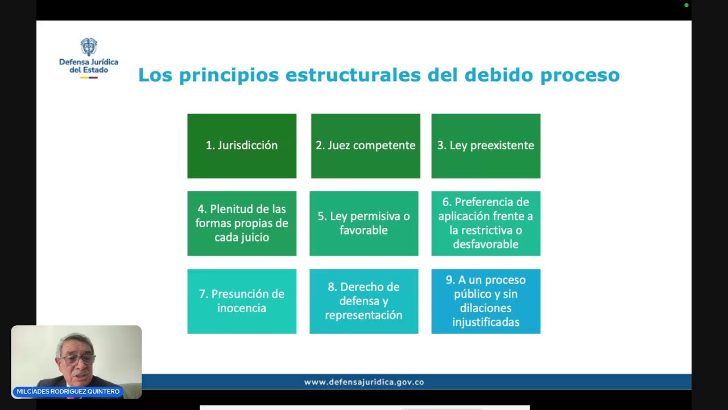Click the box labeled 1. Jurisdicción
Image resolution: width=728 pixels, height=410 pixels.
coord(242,146)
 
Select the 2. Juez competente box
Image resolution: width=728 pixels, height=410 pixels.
coord(365,146)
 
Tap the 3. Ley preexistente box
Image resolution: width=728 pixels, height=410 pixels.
coord(486,146)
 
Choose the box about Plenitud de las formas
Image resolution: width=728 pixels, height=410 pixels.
coord(242,223)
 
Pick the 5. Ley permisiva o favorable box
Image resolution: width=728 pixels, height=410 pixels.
coord(363,223)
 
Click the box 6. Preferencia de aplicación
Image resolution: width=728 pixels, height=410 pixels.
coord(486,223)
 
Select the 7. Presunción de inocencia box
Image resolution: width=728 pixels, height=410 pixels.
coord(242,301)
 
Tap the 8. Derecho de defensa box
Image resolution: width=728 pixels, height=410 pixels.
coord(363,301)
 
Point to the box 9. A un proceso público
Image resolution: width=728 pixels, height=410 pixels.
coord(486,301)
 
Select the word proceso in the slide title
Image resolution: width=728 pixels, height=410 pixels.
coord(580,75)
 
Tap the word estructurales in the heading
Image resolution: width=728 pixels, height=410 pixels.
coord(353,75)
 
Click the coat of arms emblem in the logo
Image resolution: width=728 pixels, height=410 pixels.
coord(89,47)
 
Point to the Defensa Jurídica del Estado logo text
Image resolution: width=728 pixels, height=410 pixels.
coord(89,65)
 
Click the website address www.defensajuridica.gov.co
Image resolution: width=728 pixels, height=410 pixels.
coord(364,382)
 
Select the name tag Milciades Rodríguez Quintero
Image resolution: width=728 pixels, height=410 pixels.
coord(68,392)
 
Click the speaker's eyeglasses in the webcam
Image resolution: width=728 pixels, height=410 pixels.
coord(78,359)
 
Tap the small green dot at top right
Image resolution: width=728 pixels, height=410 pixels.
coord(686,5)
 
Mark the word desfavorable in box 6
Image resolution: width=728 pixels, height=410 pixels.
coord(486,244)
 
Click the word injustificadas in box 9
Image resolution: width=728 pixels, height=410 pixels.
coord(486,322)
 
